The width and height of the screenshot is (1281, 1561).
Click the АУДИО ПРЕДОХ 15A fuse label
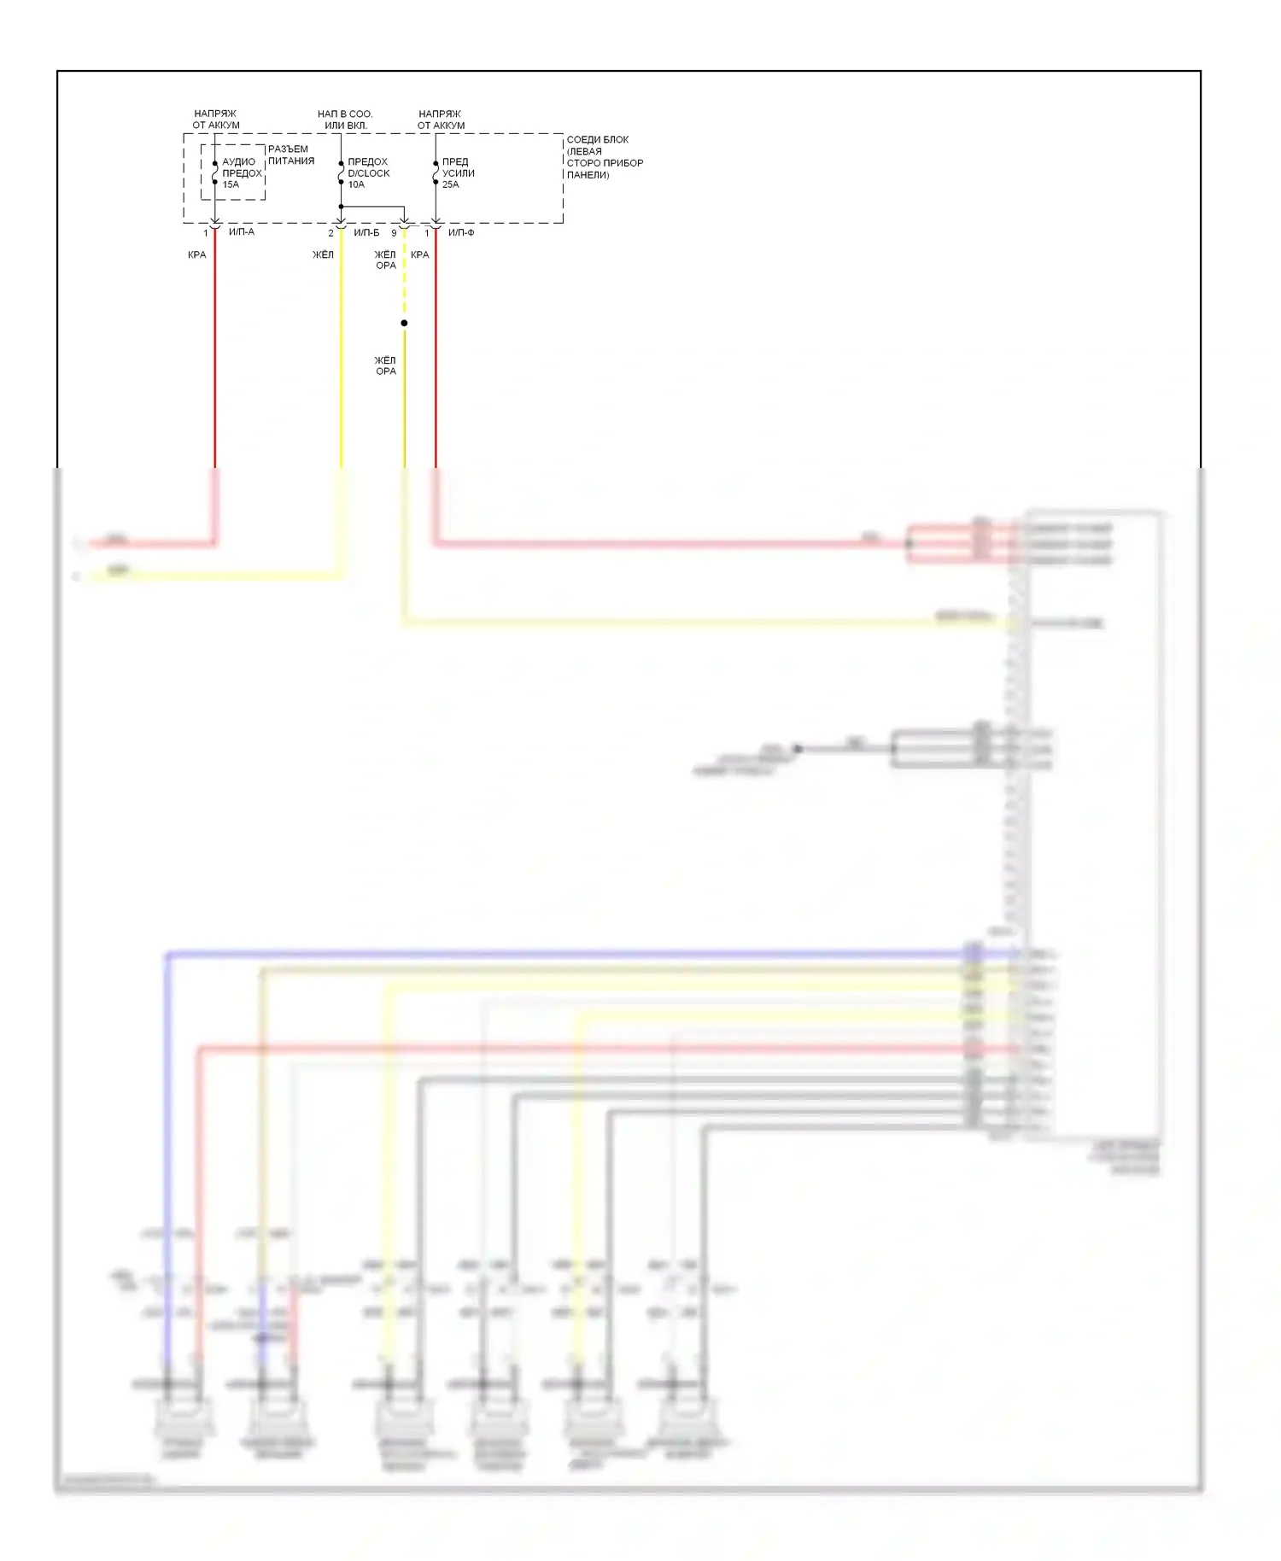[x=241, y=173]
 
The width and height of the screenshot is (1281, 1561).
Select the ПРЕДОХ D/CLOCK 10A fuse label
[x=368, y=173]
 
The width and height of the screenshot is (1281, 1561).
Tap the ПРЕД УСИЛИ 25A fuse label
[x=458, y=173]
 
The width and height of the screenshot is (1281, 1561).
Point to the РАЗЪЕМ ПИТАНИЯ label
[x=290, y=155]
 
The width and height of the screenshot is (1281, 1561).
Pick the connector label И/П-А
[x=242, y=232]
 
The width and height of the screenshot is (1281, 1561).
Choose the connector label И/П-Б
[x=366, y=233]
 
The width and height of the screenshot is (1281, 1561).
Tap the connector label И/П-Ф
[x=461, y=233]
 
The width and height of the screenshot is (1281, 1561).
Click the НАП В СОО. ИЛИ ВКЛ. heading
[x=345, y=120]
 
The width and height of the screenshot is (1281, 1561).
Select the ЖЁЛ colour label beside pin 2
[x=323, y=254]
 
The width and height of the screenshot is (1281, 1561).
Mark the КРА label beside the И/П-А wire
[x=197, y=254]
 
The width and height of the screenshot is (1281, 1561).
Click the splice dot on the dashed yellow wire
[x=404, y=323]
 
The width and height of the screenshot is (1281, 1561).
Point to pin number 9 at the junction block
[x=394, y=233]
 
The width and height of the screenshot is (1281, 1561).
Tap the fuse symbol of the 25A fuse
[x=436, y=172]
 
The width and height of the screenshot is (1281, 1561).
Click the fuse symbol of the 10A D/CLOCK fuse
[x=341, y=172]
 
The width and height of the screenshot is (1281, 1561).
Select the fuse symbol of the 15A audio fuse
[x=214, y=172]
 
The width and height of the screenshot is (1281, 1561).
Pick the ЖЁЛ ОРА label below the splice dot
[x=386, y=365]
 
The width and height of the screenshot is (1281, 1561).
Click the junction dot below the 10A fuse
[x=341, y=207]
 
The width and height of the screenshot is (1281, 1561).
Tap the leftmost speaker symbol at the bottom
[x=183, y=1418]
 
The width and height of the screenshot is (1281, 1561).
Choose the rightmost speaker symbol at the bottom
[x=687, y=1418]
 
